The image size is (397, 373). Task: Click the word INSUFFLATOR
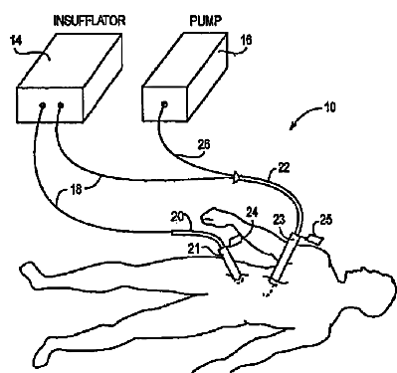(90, 21)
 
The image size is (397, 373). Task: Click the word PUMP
(206, 21)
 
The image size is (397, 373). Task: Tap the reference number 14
(16, 40)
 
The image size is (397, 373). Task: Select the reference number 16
(246, 40)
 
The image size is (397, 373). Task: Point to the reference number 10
(329, 107)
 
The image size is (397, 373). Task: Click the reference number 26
(204, 145)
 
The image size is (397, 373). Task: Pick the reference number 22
(284, 167)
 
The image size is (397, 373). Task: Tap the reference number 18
(76, 190)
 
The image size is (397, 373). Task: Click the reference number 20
(177, 217)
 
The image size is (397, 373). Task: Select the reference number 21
(195, 248)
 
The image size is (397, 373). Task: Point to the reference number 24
(252, 212)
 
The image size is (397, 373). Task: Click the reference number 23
(280, 219)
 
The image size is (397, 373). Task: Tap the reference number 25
(325, 220)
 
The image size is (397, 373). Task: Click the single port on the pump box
(164, 104)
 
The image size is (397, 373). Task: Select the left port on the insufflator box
(43, 105)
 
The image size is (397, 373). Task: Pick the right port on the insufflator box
(61, 105)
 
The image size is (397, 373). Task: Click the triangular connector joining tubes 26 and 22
(236, 177)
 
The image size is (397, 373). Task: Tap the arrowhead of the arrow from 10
(292, 127)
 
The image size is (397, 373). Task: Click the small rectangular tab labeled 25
(315, 239)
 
